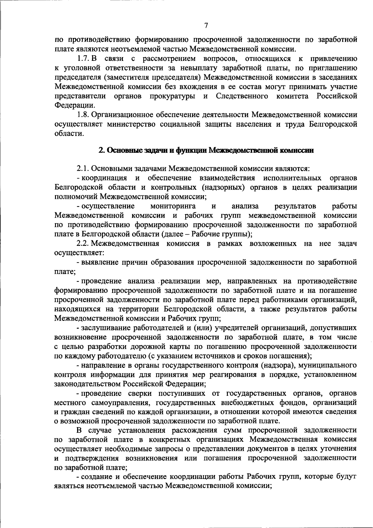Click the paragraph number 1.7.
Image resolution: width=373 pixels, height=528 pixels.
coord(84,59)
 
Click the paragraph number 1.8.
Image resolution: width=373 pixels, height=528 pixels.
coord(84,115)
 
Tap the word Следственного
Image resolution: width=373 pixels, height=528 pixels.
coord(242,96)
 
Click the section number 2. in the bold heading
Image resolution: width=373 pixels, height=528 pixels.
coord(101,151)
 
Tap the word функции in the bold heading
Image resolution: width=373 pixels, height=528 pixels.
coord(191,151)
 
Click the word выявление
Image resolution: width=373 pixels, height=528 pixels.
coord(99,262)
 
